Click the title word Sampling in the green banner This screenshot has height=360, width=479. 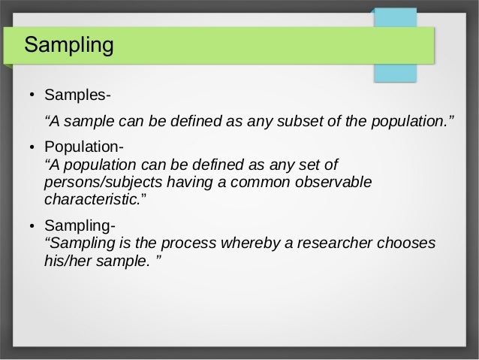[68, 46]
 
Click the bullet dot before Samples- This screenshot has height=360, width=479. [33, 97]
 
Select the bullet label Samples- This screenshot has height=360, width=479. [78, 96]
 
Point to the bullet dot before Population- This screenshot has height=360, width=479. [33, 147]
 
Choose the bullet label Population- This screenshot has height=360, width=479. [85, 147]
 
